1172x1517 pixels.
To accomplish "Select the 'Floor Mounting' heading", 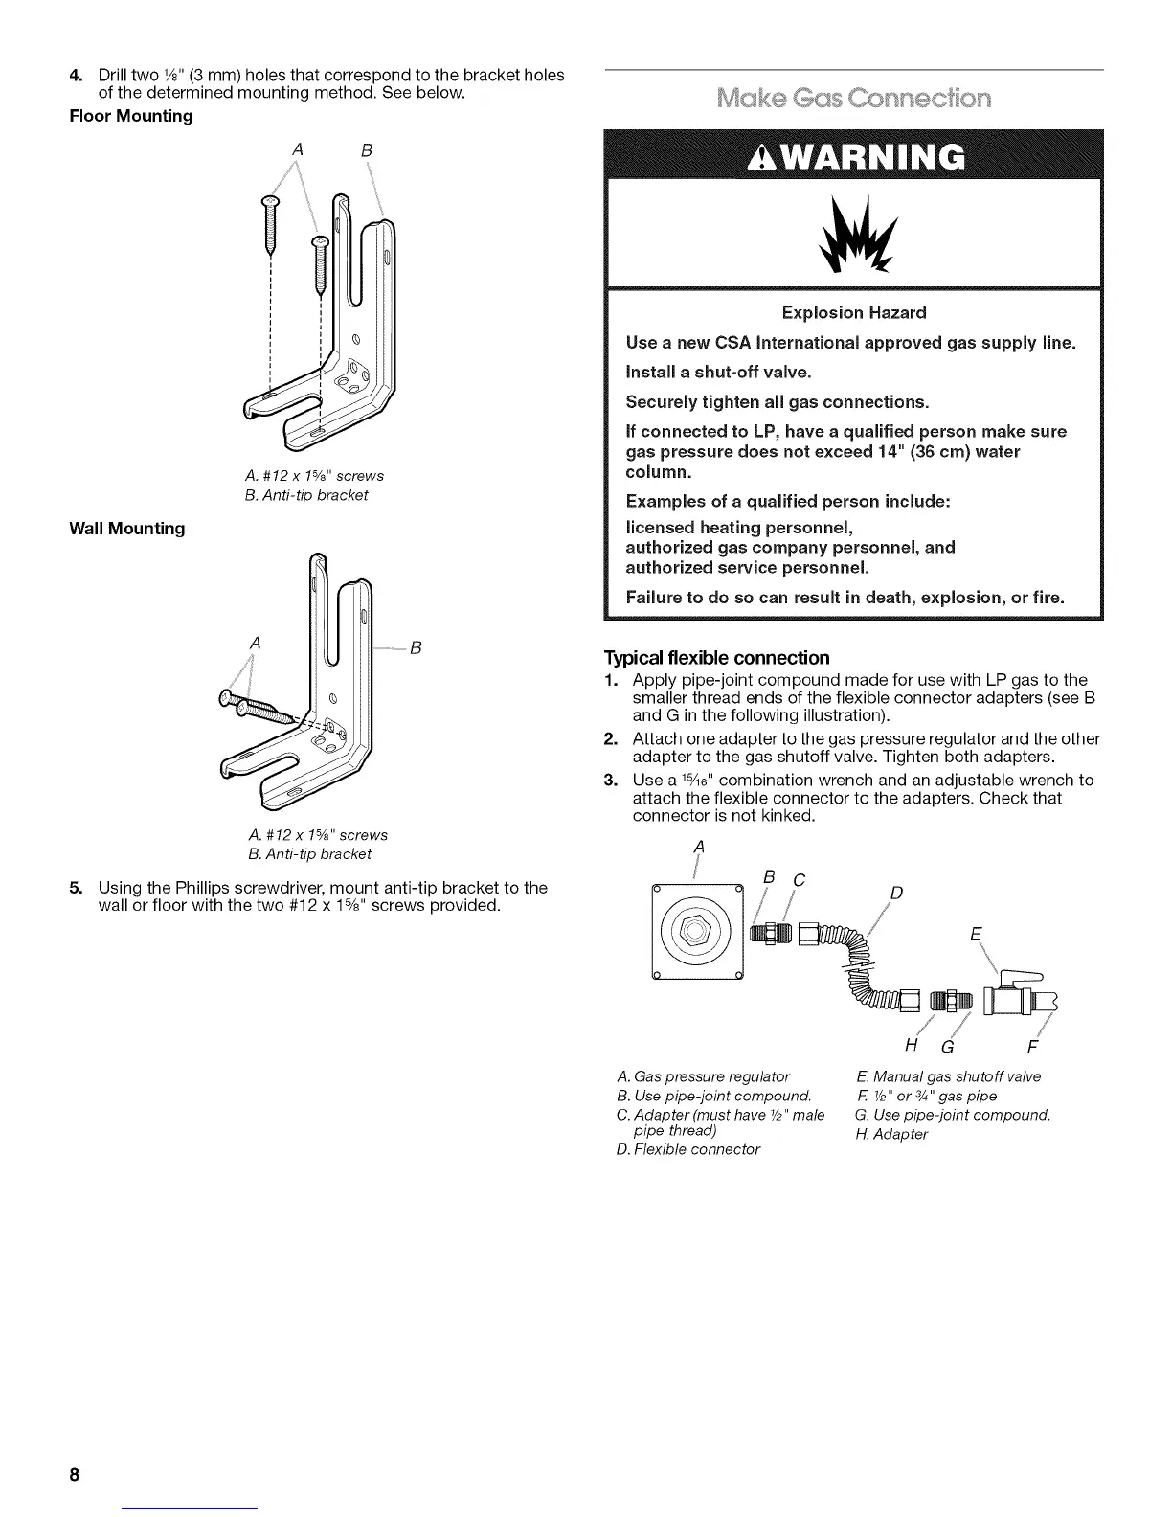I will tap(130, 117).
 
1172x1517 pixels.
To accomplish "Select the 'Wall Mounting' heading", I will tap(126, 529).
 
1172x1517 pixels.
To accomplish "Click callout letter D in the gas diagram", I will tap(895, 894).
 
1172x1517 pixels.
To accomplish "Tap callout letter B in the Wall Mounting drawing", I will tap(417, 648).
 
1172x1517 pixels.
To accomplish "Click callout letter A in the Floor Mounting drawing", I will tap(298, 149).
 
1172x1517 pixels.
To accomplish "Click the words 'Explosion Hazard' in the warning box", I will tap(854, 313).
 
